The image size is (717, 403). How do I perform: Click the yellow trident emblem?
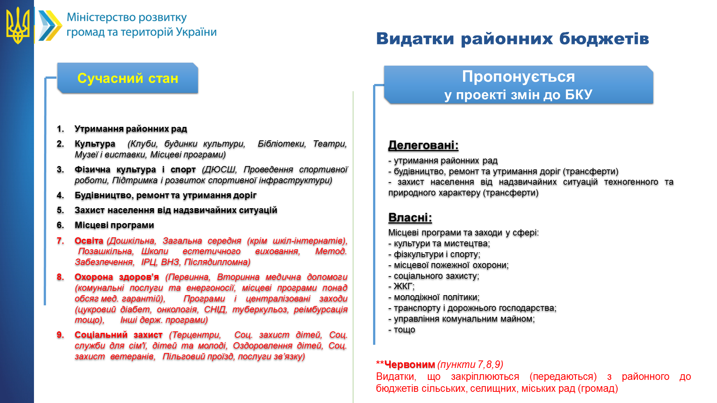(x=18, y=25)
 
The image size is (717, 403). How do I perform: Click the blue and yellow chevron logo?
(x=50, y=25)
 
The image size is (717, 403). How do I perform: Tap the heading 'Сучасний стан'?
(x=128, y=78)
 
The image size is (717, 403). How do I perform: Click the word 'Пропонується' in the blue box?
(x=518, y=76)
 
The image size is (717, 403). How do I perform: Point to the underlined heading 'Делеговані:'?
(x=423, y=145)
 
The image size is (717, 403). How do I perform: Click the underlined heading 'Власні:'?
(x=410, y=218)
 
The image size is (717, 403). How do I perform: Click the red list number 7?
(x=60, y=241)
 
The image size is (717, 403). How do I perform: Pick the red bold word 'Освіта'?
(x=89, y=241)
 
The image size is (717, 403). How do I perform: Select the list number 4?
(x=60, y=195)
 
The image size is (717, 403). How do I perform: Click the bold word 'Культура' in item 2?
(x=95, y=144)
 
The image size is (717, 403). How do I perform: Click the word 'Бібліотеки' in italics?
(x=282, y=144)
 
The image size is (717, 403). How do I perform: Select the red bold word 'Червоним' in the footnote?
(x=410, y=365)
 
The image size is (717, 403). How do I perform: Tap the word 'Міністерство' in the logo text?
(x=101, y=18)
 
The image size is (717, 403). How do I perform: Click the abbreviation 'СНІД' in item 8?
(x=215, y=309)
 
